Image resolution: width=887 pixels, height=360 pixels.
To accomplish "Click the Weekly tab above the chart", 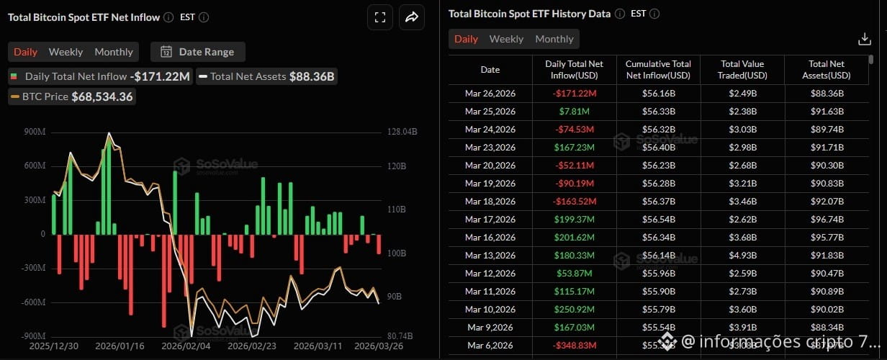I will (x=66, y=52).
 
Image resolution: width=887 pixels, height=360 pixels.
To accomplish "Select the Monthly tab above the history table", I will (x=554, y=39).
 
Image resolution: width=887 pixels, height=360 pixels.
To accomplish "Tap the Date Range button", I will (x=198, y=52).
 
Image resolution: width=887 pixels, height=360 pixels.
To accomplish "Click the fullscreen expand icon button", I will (x=379, y=17).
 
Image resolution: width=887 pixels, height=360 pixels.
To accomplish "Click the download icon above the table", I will (x=865, y=39).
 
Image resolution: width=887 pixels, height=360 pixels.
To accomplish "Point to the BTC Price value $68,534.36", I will (x=102, y=96).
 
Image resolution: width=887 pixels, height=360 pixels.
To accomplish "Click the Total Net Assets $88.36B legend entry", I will (x=267, y=76).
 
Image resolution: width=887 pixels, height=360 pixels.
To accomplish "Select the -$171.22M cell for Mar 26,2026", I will (x=575, y=94).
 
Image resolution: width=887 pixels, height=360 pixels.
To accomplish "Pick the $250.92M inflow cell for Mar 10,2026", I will (x=575, y=310).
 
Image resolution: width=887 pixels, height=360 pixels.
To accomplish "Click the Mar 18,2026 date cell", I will (x=490, y=202).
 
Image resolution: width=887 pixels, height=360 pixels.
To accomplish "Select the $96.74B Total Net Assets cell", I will (x=826, y=220).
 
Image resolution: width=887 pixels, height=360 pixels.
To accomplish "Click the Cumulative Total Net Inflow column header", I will (x=658, y=70).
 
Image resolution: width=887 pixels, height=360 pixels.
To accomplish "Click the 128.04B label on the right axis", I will (x=402, y=132).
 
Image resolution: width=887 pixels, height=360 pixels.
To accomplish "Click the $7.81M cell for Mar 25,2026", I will (x=575, y=112).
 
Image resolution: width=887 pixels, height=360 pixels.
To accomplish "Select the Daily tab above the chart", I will (x=25, y=52).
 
